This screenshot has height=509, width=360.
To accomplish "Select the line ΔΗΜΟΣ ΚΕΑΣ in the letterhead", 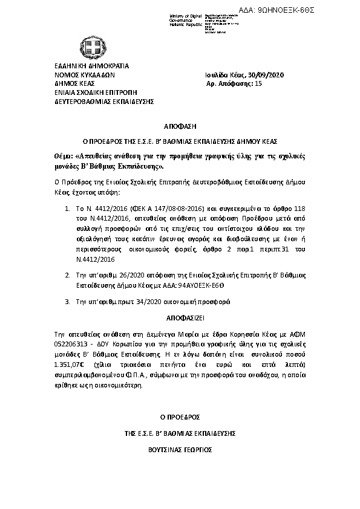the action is coord(71,84).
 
